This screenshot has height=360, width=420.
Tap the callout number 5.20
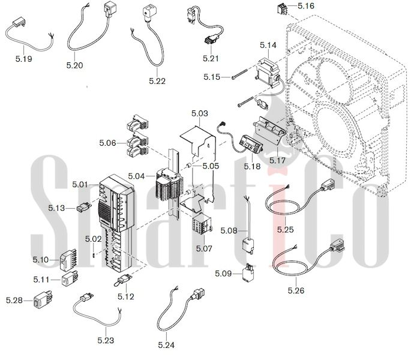(x=74, y=65)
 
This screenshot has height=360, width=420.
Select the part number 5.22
(x=157, y=80)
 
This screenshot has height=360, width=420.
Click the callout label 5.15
(x=212, y=77)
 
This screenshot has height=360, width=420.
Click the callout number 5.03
(x=199, y=113)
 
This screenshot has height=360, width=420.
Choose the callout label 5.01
(x=79, y=185)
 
